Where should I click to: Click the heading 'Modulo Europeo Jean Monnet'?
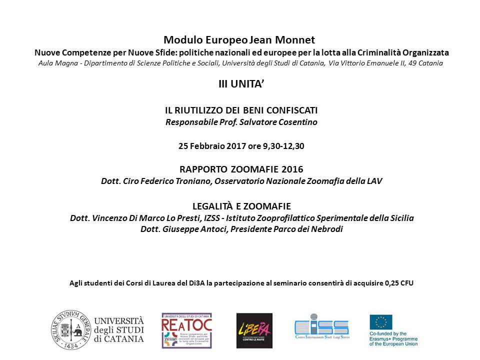[x=239, y=39]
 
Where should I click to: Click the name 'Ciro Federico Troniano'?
[x=165, y=181]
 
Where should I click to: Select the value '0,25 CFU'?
[x=399, y=283]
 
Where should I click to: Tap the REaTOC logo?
[x=186, y=330]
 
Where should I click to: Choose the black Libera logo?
[x=254, y=330]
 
